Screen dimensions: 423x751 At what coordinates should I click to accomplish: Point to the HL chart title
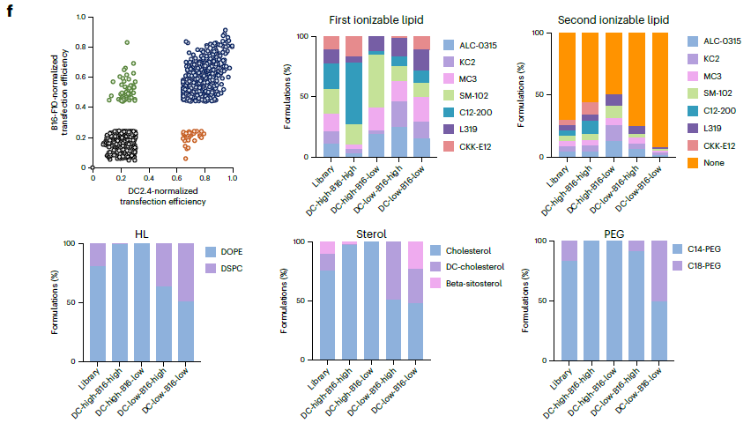142,234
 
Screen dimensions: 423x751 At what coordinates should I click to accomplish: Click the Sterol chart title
371,234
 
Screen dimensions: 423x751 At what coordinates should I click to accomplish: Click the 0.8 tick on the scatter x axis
204,176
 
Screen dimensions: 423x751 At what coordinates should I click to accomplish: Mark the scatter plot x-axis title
162,196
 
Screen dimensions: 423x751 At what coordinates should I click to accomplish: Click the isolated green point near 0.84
127,41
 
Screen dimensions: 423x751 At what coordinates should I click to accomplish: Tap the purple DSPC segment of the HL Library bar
97,254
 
